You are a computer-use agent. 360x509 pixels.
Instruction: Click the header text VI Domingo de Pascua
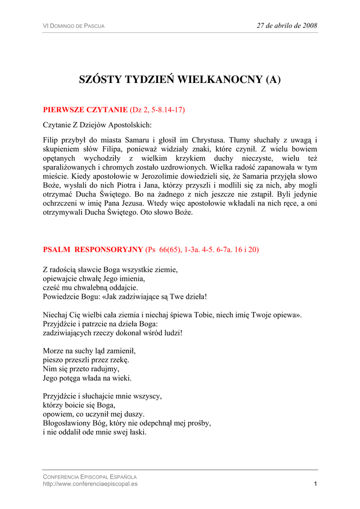click(x=74, y=26)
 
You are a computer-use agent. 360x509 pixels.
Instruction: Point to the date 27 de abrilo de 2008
click(x=287, y=25)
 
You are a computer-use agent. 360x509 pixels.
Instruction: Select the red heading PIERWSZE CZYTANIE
click(x=85, y=109)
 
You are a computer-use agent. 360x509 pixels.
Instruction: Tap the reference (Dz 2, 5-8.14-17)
click(x=157, y=109)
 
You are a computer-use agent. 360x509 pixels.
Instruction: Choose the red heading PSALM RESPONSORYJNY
click(x=92, y=250)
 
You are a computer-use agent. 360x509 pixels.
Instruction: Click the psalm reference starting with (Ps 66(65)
click(x=202, y=250)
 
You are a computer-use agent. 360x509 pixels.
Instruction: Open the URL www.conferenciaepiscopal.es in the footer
click(x=90, y=484)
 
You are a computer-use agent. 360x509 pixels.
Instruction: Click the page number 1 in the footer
click(x=315, y=484)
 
